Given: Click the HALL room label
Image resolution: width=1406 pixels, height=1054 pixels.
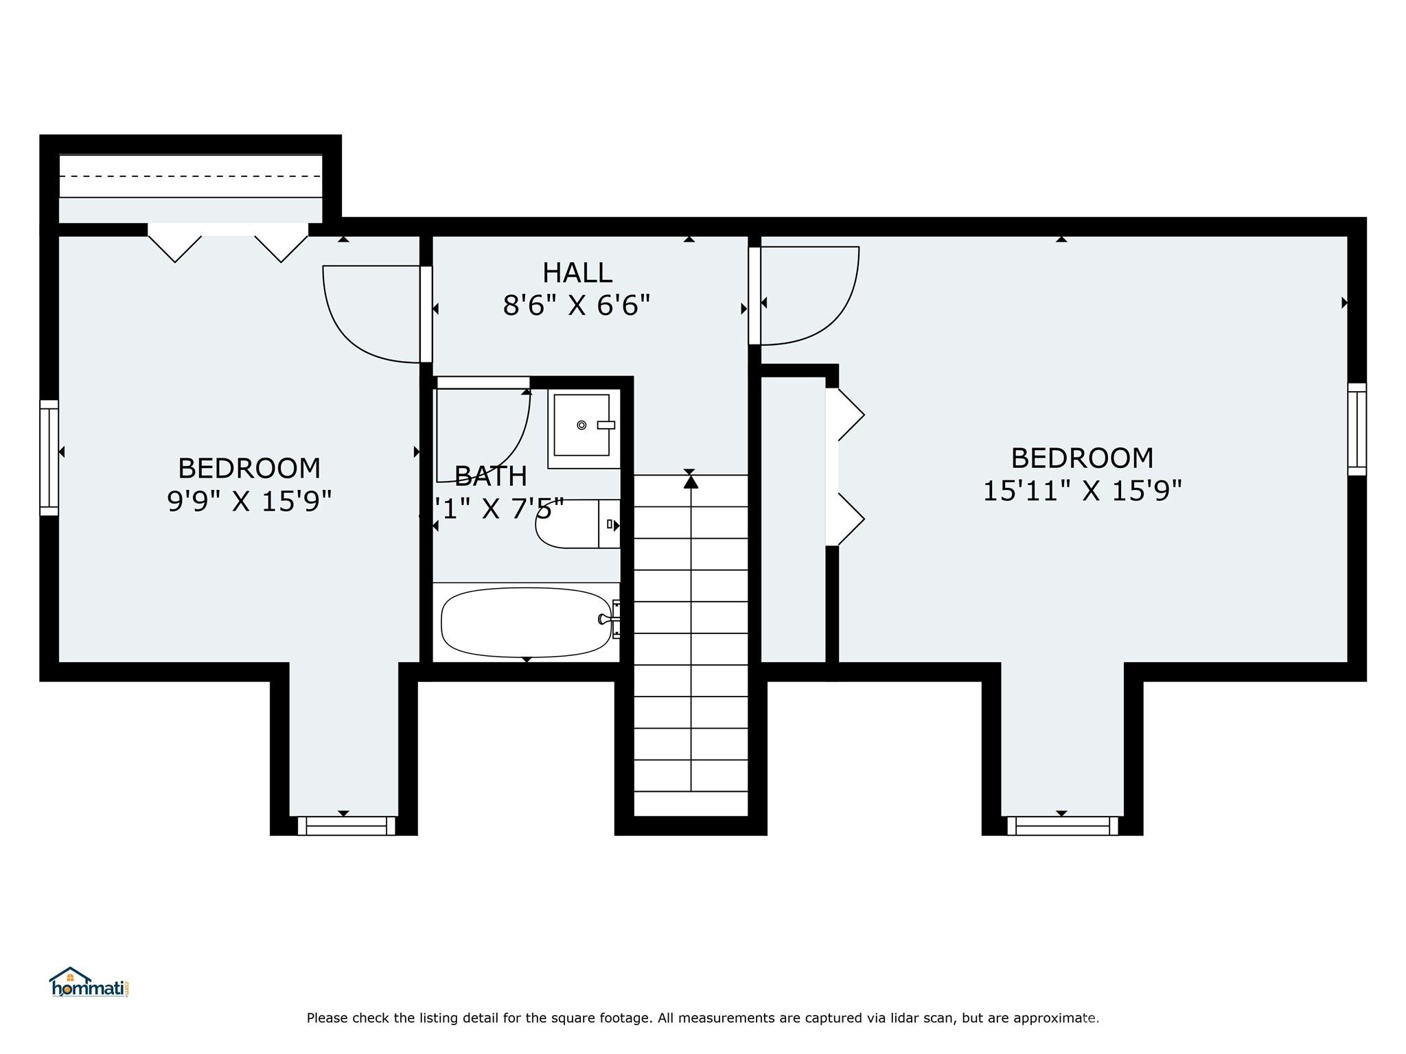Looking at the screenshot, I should (577, 273).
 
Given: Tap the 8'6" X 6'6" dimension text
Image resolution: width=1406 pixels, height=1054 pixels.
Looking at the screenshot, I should (576, 305).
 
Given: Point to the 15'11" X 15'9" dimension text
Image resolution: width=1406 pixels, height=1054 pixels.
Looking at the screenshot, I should (1082, 491).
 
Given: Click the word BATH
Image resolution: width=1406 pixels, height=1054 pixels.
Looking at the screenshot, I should (491, 476).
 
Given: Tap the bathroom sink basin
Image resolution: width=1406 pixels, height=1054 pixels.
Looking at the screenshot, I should (581, 425).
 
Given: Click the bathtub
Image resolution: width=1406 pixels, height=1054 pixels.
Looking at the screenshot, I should (525, 622).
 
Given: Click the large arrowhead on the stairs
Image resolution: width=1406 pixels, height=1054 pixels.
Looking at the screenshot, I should (691, 482).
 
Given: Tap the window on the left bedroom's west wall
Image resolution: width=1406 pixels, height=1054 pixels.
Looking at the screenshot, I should (49, 458).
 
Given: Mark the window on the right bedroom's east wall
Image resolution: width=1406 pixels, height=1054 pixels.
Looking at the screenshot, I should (1357, 429).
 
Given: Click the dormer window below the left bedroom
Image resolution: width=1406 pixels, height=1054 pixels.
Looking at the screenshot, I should (346, 825).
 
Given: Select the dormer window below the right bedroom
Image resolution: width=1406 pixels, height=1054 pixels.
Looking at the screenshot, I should (1062, 825).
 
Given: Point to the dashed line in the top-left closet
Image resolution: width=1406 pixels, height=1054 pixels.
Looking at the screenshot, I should (190, 176).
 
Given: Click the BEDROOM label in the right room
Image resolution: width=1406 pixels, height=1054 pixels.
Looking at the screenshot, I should (1082, 458).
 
